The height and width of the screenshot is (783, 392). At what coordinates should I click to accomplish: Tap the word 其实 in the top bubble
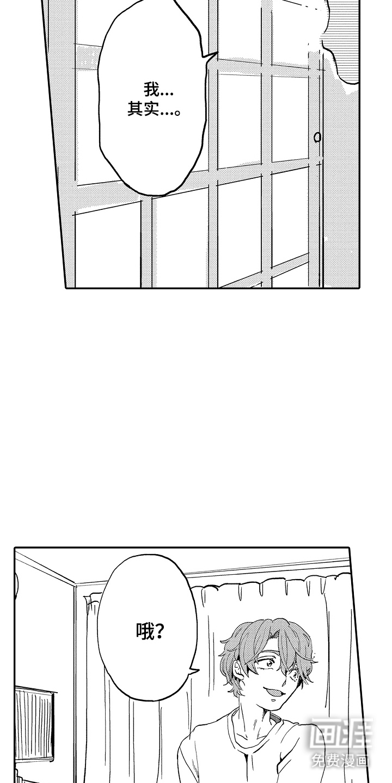pyautogui.click(x=143, y=109)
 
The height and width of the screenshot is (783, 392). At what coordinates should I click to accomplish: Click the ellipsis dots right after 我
pyautogui.click(x=167, y=95)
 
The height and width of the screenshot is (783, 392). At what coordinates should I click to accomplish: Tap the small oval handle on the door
pyautogui.click(x=317, y=138)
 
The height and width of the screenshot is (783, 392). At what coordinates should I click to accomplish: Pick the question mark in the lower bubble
pyautogui.click(x=160, y=631)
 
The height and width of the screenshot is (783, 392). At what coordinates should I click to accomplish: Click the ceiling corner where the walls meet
pyautogui.click(x=75, y=584)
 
